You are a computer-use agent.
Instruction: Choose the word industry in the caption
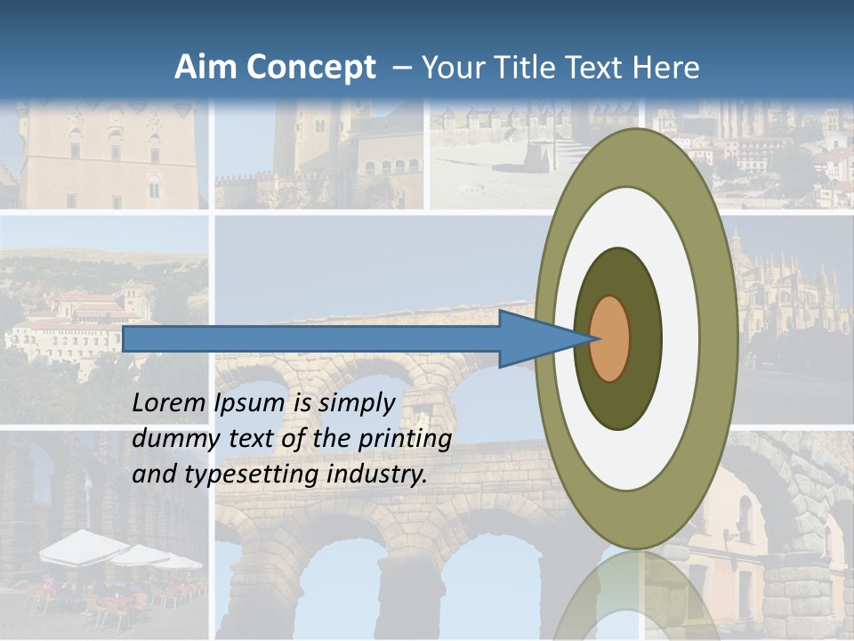(x=377, y=475)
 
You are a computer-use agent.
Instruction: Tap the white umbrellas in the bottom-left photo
(x=116, y=552)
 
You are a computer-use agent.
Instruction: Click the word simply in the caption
(x=355, y=404)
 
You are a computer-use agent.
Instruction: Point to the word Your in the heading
(x=450, y=68)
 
